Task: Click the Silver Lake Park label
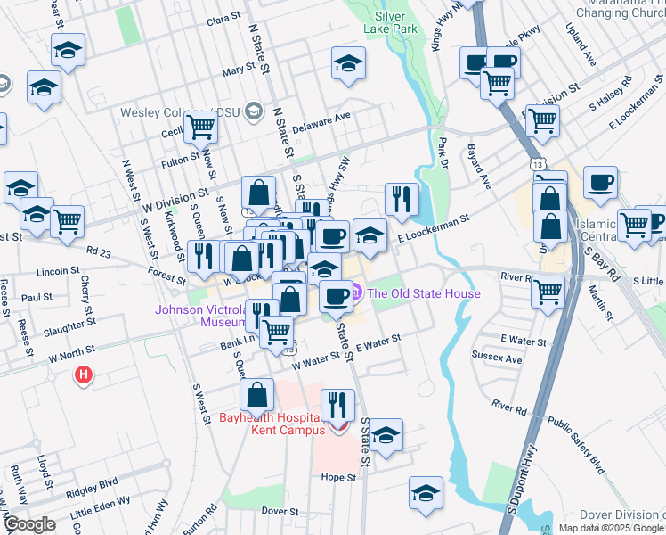[x=390, y=22]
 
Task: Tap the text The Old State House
[x=424, y=293]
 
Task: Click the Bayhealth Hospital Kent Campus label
[x=270, y=424]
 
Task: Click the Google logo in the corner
[x=28, y=525]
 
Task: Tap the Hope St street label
[x=339, y=478]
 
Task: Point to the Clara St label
[x=223, y=19]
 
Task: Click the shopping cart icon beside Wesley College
[x=202, y=128]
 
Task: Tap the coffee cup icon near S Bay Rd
[x=600, y=183]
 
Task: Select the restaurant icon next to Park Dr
[x=402, y=199]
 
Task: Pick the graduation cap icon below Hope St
[x=426, y=492]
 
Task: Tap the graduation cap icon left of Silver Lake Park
[x=348, y=64]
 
